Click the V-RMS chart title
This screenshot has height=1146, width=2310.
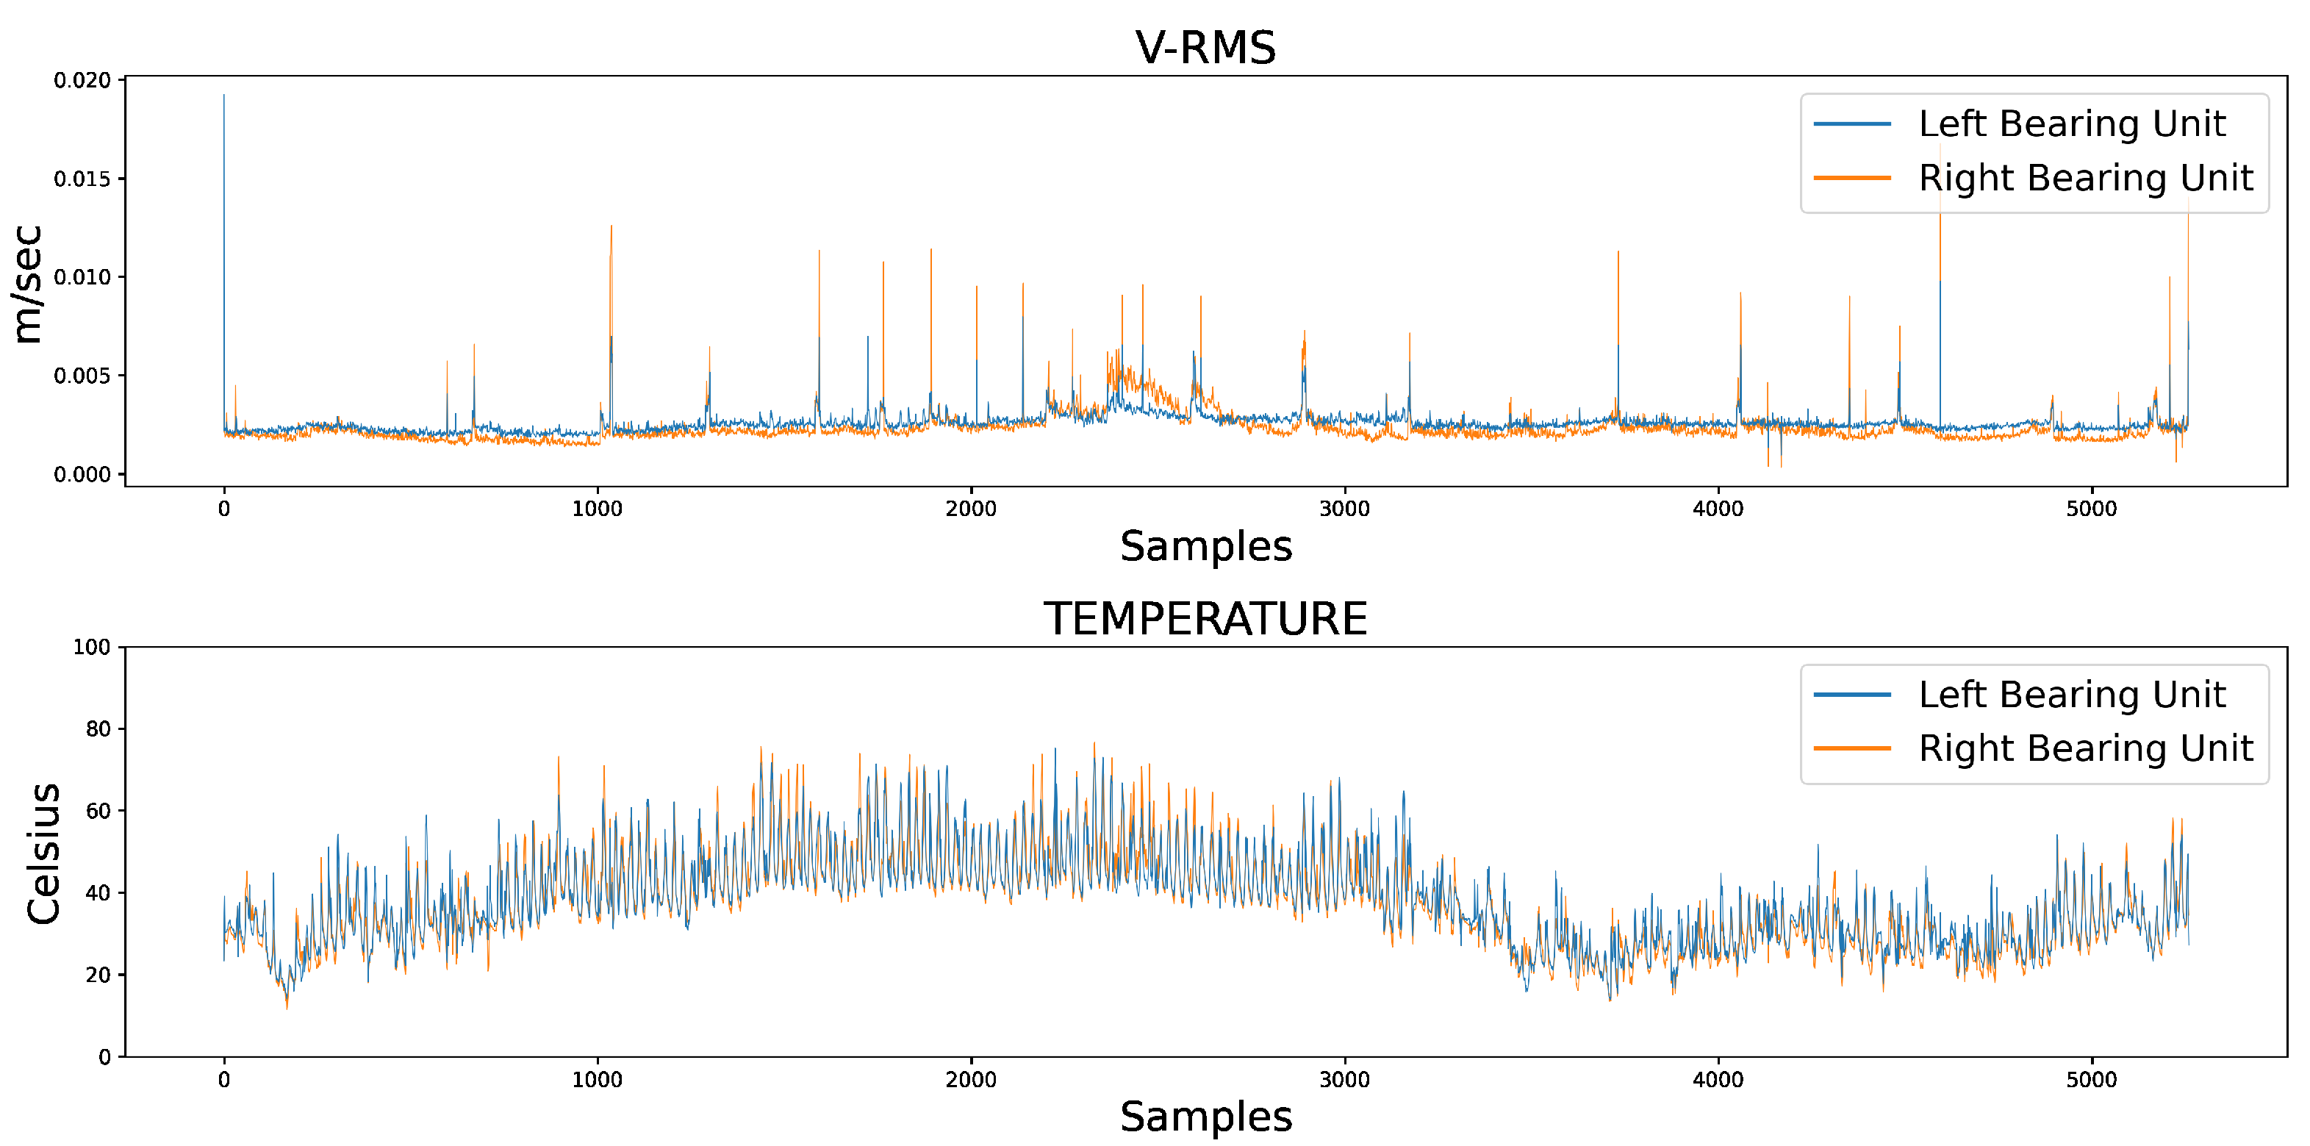[x=1205, y=48]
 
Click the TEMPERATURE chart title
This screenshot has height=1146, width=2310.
[x=1205, y=619]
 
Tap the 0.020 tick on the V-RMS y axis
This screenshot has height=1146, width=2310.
[x=82, y=81]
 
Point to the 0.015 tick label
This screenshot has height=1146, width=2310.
[x=82, y=179]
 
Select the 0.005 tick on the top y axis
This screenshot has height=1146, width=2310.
[x=82, y=376]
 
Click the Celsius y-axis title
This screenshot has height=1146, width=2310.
[x=43, y=853]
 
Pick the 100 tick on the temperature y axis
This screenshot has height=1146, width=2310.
[x=91, y=648]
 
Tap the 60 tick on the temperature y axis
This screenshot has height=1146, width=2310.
[x=98, y=812]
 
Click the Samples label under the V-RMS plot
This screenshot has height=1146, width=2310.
[x=1205, y=546]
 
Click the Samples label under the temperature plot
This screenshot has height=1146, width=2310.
[x=1205, y=1117]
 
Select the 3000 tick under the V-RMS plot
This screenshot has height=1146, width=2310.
[x=1344, y=509]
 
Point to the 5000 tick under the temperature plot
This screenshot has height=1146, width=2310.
[x=2091, y=1080]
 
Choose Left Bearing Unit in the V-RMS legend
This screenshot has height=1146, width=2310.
[x=2070, y=123]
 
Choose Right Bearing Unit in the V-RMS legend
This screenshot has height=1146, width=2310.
[x=2085, y=178]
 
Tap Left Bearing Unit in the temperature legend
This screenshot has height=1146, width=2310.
[x=2070, y=695]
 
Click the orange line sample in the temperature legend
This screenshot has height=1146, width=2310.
[x=1852, y=748]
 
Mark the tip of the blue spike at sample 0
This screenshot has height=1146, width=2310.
[x=224, y=95]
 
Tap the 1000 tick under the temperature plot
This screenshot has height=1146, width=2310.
[x=598, y=1080]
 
